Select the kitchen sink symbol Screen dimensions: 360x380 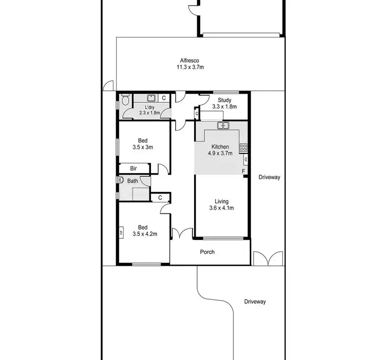(x=223, y=125)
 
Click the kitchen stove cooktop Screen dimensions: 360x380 (x=243, y=148)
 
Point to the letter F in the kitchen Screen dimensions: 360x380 (x=244, y=171)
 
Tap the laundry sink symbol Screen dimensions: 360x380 (x=151, y=98)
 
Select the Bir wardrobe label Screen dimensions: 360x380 (x=134, y=168)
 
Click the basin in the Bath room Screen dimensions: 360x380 (x=122, y=180)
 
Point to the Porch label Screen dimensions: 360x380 (x=207, y=252)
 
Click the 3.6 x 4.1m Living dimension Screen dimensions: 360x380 (x=221, y=208)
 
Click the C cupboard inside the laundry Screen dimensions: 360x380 (x=164, y=98)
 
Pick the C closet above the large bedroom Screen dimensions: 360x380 (x=160, y=197)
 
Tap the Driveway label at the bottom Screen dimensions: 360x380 (x=255, y=302)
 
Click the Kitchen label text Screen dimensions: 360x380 (x=220, y=146)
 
